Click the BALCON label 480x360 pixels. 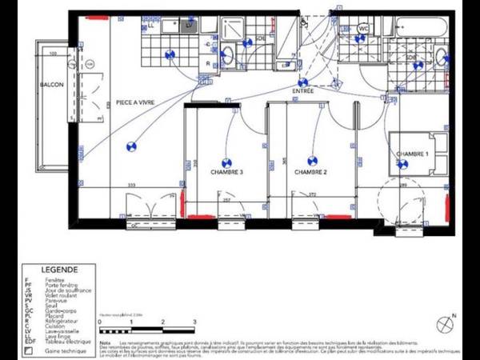point(51,83)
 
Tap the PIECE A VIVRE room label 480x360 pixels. point(134,102)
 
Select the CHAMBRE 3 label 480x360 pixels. point(226,172)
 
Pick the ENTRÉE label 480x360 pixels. point(303,92)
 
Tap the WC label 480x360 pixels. point(363,28)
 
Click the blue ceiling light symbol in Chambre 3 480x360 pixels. point(226,161)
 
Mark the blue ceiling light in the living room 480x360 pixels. point(131,146)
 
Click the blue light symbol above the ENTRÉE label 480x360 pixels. point(303,82)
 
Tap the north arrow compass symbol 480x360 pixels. point(445,324)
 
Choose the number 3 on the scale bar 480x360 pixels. point(194,322)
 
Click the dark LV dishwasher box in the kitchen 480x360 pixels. point(189,26)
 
